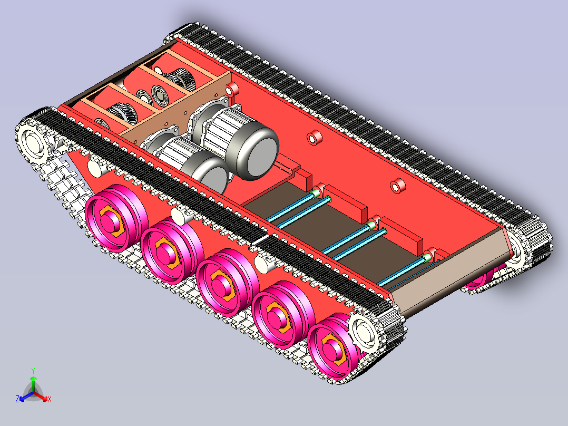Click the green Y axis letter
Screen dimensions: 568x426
coord(33,371)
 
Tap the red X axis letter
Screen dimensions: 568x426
coord(50,399)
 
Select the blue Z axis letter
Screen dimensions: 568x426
coord(17,399)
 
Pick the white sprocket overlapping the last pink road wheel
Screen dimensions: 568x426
coord(365,332)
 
